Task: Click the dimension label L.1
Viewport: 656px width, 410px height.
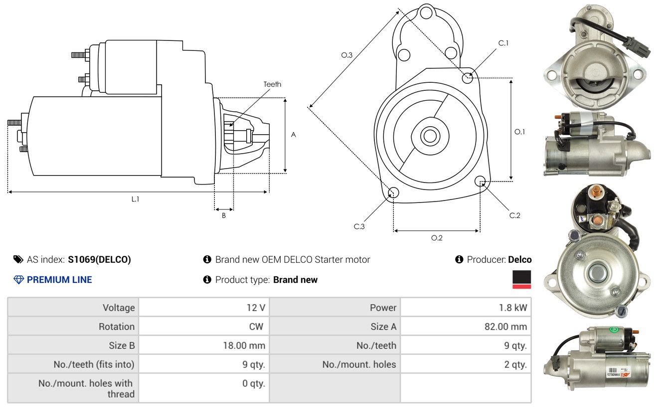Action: point(135,199)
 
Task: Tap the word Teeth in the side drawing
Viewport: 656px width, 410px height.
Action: point(272,84)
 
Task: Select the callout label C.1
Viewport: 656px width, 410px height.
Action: point(503,43)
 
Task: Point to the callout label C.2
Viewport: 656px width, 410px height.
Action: point(515,215)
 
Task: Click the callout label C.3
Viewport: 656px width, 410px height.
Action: point(359,226)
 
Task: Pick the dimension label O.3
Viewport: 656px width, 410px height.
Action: point(347,55)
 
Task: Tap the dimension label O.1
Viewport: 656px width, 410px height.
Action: point(520,132)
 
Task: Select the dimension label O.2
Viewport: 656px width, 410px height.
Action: point(437,238)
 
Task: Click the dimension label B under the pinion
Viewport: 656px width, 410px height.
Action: point(224,215)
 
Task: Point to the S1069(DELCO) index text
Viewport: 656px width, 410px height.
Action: point(99,259)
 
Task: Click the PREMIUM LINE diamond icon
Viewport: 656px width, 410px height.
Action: point(18,280)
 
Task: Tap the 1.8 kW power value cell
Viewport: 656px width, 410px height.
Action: point(512,308)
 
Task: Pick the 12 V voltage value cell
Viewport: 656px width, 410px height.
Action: point(256,308)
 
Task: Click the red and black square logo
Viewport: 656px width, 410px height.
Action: point(521,279)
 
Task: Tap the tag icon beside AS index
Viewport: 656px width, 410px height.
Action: point(18,259)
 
